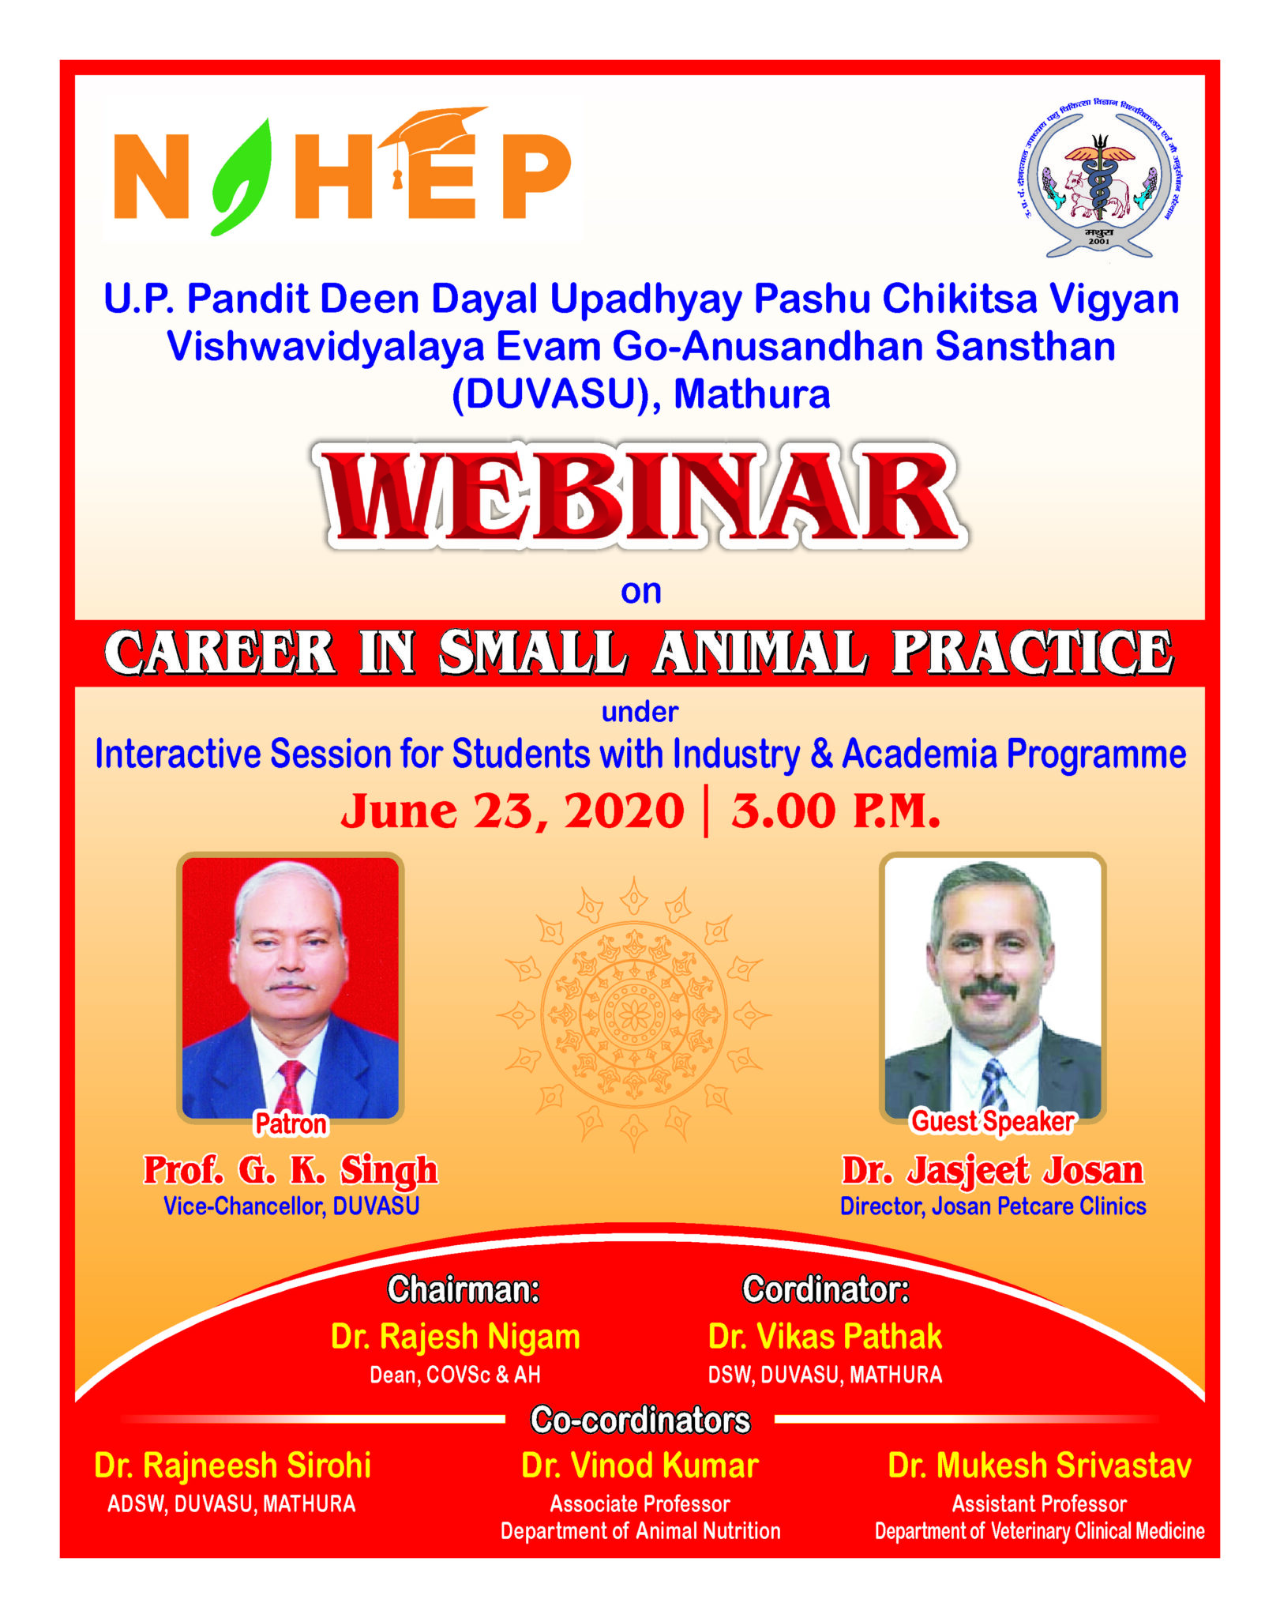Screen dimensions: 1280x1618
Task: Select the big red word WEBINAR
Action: click(641, 496)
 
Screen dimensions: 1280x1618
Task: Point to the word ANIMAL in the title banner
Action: click(760, 653)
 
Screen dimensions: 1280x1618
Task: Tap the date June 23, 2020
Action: click(512, 811)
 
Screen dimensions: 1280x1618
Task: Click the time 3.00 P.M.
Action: click(835, 811)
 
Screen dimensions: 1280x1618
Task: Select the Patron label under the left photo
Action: click(291, 1123)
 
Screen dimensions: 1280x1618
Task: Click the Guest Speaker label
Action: click(993, 1122)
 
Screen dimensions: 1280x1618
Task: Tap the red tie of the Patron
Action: click(290, 1086)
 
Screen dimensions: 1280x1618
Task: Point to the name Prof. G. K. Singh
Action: click(290, 1169)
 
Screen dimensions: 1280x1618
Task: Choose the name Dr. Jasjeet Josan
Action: click(993, 1170)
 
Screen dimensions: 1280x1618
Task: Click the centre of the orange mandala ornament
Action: click(634, 1014)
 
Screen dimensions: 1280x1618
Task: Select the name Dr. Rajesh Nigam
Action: click(456, 1337)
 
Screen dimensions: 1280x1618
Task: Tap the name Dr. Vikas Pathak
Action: click(825, 1337)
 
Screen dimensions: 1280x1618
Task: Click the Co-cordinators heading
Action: click(640, 1420)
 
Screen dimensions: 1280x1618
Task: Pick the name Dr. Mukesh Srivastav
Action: click(1039, 1466)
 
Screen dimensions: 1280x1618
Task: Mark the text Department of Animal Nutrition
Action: click(640, 1531)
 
